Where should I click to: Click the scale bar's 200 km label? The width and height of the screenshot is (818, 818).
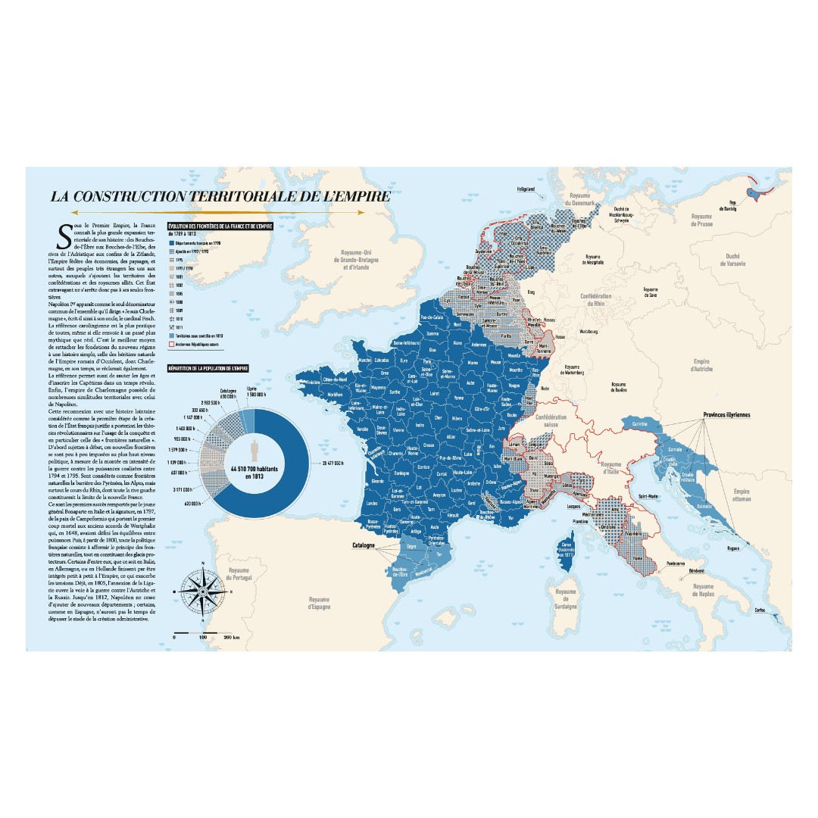(232, 638)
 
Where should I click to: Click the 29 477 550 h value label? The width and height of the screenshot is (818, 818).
(353, 462)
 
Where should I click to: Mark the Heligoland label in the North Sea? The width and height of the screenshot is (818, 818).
(526, 188)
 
